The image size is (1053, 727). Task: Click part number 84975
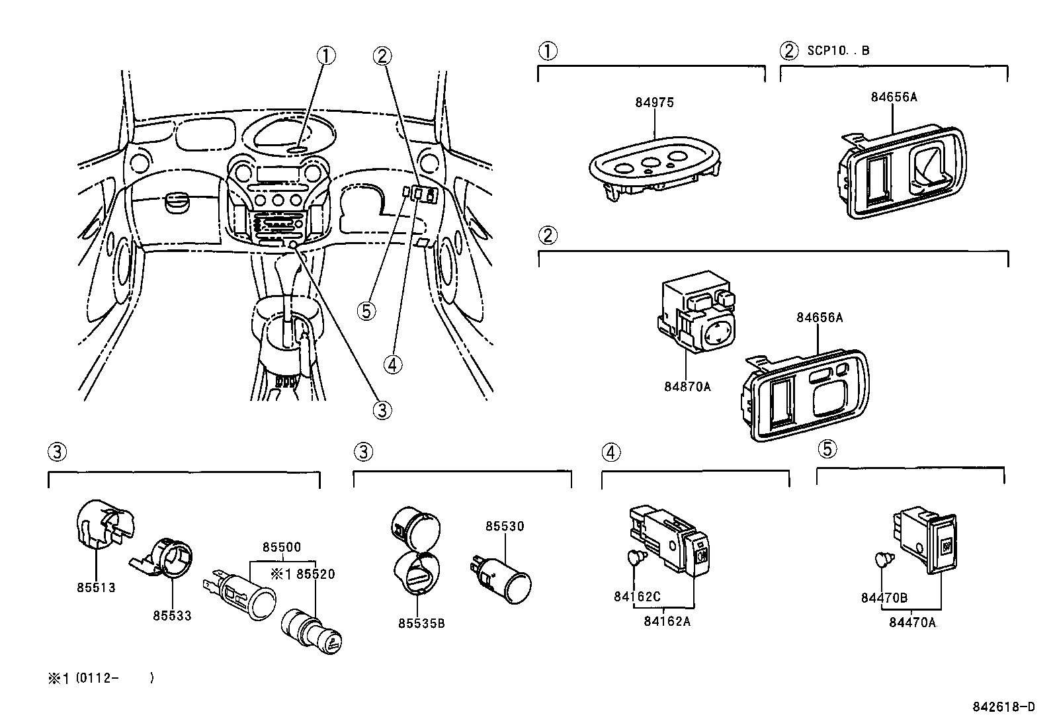(654, 103)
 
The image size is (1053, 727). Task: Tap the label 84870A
(687, 386)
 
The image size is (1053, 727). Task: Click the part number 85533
(172, 615)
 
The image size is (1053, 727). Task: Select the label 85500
(281, 547)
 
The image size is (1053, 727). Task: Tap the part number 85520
(316, 574)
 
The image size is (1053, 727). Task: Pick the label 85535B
(421, 623)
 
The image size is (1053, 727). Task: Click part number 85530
(505, 526)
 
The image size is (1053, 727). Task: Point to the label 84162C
(637, 597)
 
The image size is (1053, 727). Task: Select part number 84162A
(667, 620)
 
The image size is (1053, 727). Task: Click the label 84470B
(884, 598)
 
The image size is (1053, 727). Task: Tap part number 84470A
(913, 622)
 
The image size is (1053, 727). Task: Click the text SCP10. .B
(838, 51)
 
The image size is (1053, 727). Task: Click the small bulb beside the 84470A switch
(882, 560)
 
